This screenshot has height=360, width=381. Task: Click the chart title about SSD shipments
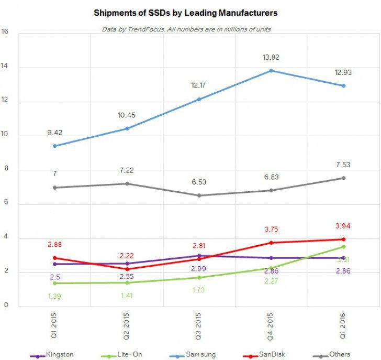pyautogui.click(x=185, y=12)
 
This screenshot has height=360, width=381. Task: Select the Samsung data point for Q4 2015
pyautogui.click(x=271, y=70)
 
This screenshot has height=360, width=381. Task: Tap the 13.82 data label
pyautogui.click(x=271, y=57)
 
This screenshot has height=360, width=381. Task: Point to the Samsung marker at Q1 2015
pyautogui.click(x=54, y=146)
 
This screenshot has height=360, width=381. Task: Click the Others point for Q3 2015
pyautogui.click(x=199, y=195)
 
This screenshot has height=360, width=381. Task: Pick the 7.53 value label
pyautogui.click(x=343, y=165)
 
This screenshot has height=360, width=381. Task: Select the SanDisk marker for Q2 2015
pyautogui.click(x=127, y=269)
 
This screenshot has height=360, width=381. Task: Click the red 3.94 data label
pyautogui.click(x=343, y=226)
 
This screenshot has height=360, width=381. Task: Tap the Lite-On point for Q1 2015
pyautogui.click(x=54, y=283)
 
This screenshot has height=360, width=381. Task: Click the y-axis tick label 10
pyautogui.click(x=5, y=136)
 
